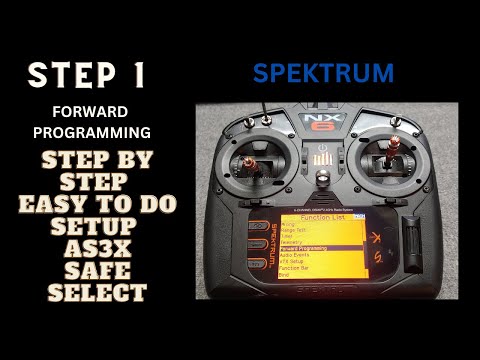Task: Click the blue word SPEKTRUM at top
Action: pos(323,73)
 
